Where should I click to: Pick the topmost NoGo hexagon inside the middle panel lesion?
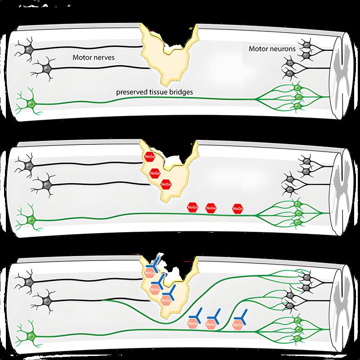[x=149, y=157]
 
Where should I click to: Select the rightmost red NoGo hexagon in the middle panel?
[x=238, y=208]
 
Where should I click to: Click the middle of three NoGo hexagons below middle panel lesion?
[x=211, y=208]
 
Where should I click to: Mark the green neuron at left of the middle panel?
[x=31, y=220]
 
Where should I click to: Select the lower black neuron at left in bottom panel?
[x=45, y=298]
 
